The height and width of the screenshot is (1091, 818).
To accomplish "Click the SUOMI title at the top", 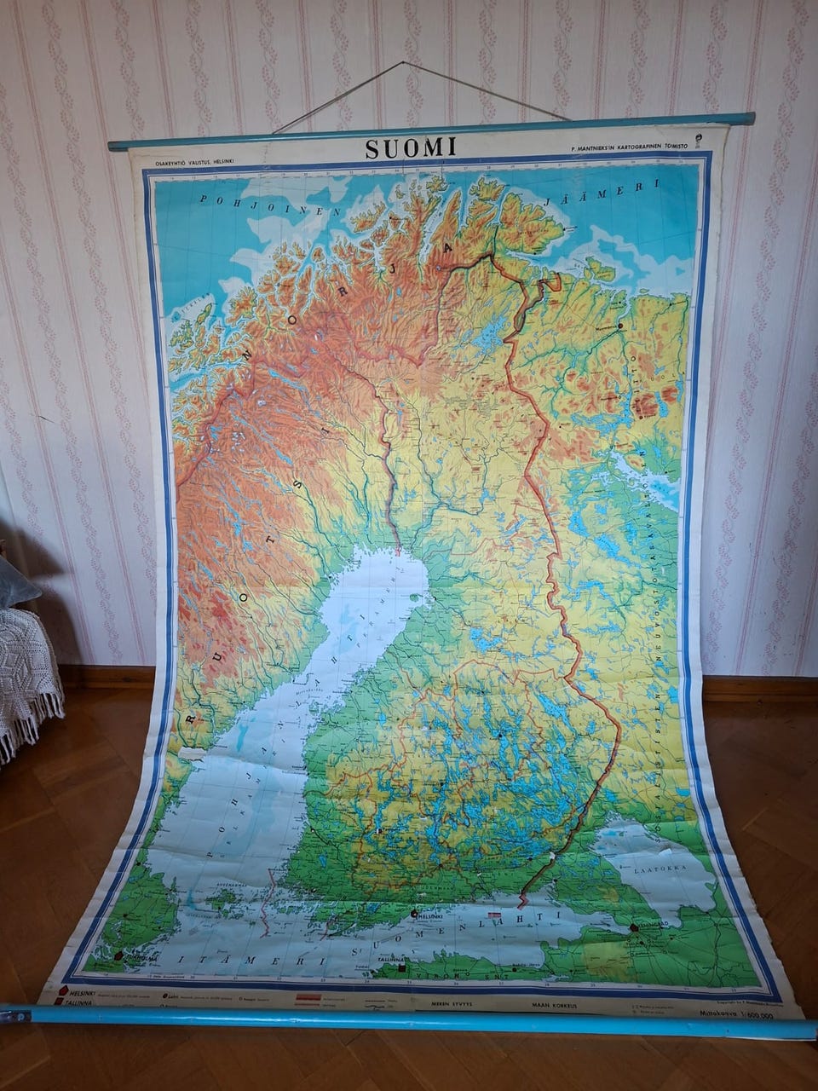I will click(411, 147).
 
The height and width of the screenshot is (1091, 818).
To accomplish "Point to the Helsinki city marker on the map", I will click(415, 914).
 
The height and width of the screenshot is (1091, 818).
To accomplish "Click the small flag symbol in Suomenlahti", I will click(494, 914).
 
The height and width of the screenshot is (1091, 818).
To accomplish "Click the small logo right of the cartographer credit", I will click(699, 141).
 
